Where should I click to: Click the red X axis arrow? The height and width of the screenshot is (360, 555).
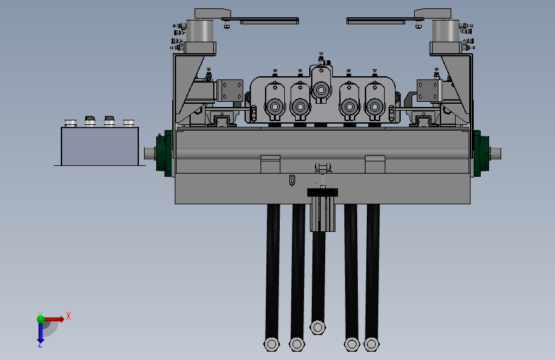(x=54, y=319)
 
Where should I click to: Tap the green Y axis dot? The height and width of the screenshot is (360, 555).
(x=40, y=319)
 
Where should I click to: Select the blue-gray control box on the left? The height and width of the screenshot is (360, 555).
(x=100, y=146)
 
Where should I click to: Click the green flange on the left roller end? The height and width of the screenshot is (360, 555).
(x=165, y=153)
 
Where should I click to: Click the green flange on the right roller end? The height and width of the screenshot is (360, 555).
(x=481, y=153)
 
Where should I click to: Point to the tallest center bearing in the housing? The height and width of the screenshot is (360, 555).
(x=321, y=90)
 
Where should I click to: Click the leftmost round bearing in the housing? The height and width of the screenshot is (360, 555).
(x=275, y=106)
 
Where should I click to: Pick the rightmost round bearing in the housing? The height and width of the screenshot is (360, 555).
(x=374, y=106)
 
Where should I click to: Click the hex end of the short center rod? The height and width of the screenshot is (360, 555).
(x=318, y=327)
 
